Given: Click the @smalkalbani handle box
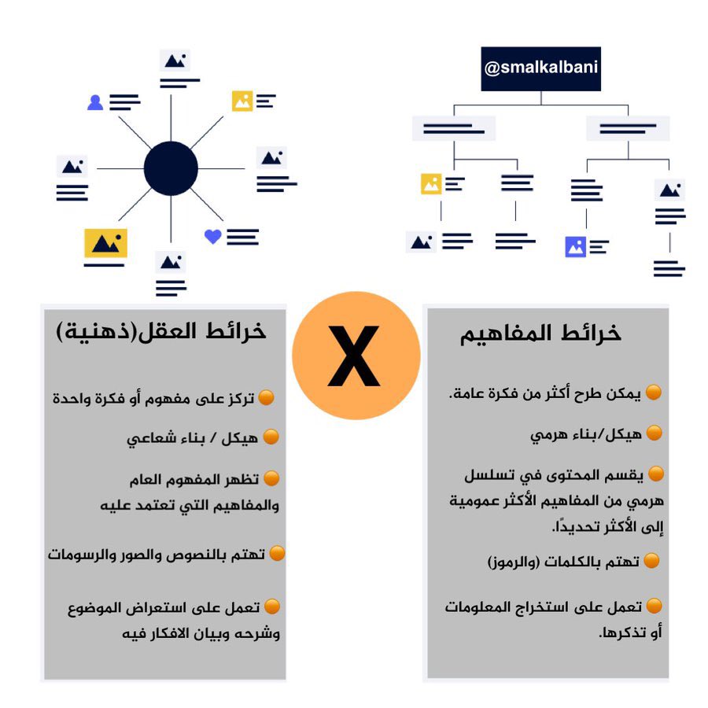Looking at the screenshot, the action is [540, 68].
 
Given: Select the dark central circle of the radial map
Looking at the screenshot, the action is [171, 168].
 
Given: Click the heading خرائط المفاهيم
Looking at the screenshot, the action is [541, 334].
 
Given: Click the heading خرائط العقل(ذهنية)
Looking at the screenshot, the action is [161, 332].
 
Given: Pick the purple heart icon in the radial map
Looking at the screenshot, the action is [212, 236].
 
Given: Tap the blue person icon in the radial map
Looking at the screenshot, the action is [95, 102].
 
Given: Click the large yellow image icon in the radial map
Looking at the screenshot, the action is [105, 243].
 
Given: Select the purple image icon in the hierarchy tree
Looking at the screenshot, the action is [575, 247].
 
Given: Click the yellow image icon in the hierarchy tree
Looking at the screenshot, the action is [430, 184].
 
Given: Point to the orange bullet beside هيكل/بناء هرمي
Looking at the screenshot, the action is [654, 433].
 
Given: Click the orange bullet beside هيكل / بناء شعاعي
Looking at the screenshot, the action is [271, 437].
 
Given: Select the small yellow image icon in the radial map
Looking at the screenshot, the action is [242, 101].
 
